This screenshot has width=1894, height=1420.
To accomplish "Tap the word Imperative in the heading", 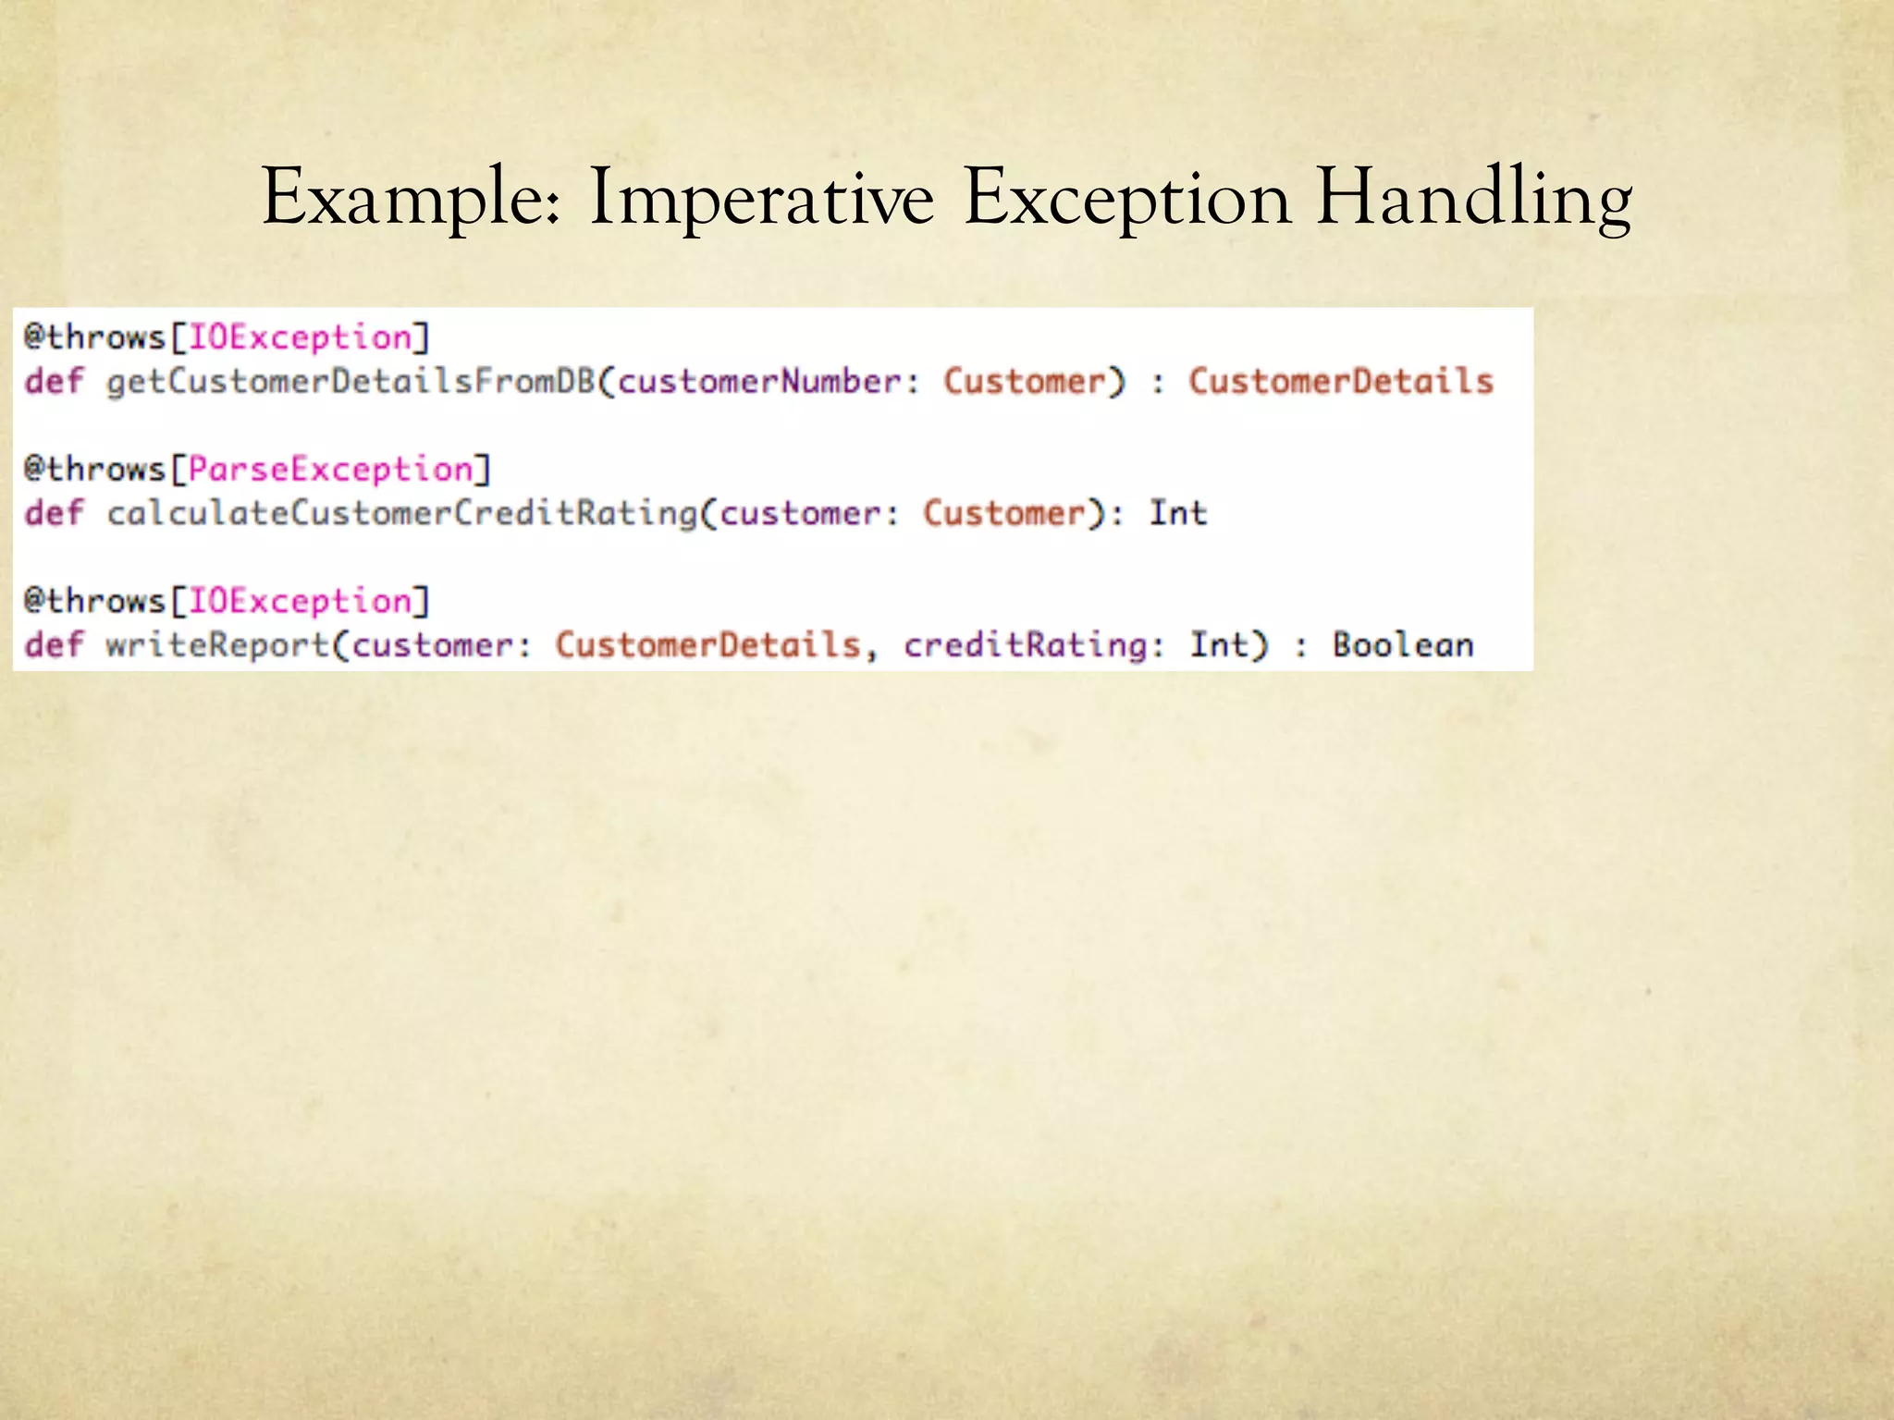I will coord(761,198).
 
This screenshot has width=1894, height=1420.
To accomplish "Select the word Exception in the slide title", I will coord(1126,198).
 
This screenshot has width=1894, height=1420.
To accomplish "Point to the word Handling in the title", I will coord(1474,198).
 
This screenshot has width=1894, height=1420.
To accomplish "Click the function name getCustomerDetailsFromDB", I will coord(351,382).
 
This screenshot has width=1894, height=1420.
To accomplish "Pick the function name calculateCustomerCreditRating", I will coord(401,514).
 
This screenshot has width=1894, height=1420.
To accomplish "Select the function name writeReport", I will coord(217,645).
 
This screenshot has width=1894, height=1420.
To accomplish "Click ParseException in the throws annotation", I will coord(330,470).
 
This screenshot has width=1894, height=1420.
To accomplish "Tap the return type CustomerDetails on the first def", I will coord(1341,382).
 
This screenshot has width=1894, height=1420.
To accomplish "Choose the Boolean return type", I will coord(1403,645).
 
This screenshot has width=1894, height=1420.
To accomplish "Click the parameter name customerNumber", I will coord(759,382).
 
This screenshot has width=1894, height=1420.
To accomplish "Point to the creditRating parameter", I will coord(1025,645).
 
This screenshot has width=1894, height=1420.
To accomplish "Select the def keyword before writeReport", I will coord(54,645).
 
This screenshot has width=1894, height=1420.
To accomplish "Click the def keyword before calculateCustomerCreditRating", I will coord(54,514).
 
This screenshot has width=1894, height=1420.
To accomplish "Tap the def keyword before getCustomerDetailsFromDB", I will coord(54,382).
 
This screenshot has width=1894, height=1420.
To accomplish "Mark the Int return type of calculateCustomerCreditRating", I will coord(1178,514).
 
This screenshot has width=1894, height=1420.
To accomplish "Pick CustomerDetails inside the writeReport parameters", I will coord(707,645).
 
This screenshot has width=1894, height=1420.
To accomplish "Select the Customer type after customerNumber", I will coord(1024,382).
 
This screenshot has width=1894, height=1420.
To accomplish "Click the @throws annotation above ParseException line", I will coord(94,470).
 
